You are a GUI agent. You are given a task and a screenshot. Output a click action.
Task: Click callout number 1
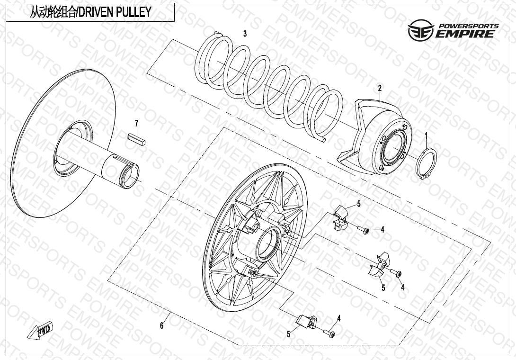[x=426, y=136]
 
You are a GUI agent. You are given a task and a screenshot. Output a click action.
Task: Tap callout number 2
[x=379, y=88]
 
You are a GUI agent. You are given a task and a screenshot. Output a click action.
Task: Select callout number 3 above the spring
[x=245, y=34]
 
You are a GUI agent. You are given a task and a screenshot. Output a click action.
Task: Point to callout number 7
[x=136, y=124]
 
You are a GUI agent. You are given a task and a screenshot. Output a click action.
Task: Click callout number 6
[x=161, y=325]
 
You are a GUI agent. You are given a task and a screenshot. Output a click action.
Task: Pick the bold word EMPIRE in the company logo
[x=466, y=34]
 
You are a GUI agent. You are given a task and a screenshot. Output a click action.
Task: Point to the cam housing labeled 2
[x=379, y=137]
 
